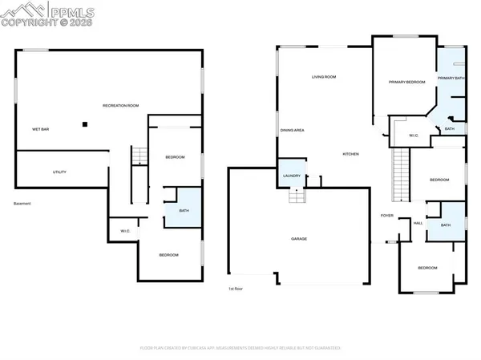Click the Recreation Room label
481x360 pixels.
[x=121, y=106]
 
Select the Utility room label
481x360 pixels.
[x=59, y=172]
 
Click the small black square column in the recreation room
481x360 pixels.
[x=83, y=123]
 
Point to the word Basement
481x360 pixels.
[x=22, y=204]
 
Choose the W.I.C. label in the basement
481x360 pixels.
[x=125, y=232]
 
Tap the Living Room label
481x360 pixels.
[x=324, y=77]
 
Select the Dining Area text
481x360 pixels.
[x=292, y=130]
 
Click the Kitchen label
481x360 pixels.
[x=351, y=153]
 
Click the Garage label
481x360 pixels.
[x=298, y=238]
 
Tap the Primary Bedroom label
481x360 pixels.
[x=406, y=82]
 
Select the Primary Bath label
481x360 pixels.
[x=451, y=78]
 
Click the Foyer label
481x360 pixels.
[x=386, y=216]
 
